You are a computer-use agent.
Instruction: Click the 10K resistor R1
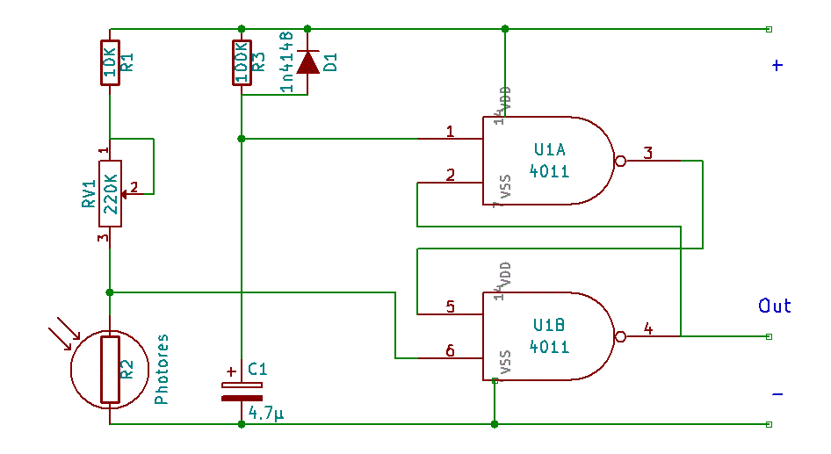coord(110,62)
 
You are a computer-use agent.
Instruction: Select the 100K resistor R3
coord(242,62)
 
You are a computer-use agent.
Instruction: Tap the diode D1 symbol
coord(307,62)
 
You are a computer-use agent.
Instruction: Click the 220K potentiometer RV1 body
coord(110,193)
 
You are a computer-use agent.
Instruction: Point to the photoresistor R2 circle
coord(110,370)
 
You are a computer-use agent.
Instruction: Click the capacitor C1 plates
coord(242,391)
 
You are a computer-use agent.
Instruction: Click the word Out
coord(775,306)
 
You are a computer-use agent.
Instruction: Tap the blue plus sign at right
coord(777,66)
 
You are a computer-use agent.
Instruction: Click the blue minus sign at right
coord(777,395)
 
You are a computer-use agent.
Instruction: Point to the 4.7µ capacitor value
coord(266,412)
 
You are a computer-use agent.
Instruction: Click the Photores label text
coord(162,369)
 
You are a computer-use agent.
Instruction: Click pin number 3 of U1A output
coord(648,154)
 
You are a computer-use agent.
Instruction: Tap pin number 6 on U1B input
coord(450,350)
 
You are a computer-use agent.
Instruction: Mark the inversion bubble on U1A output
coord(619,162)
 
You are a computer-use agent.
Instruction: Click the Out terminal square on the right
coord(770,336)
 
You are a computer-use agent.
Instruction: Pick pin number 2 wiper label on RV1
coord(134,186)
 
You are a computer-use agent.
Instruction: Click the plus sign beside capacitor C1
coord(231,371)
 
